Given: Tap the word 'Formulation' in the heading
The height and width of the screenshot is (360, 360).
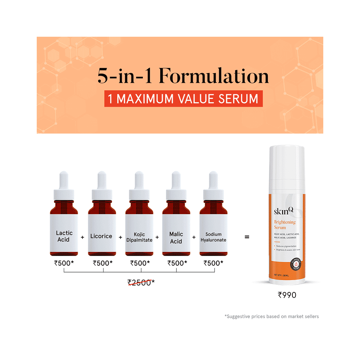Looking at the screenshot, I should [214, 76].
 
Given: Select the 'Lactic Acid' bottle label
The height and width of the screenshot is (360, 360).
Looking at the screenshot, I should [64, 236].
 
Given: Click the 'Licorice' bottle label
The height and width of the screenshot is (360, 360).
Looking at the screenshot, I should [101, 236].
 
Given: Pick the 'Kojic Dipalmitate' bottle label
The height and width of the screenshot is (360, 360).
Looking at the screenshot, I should [139, 237].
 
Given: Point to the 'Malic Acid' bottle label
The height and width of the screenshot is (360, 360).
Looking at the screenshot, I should [176, 238].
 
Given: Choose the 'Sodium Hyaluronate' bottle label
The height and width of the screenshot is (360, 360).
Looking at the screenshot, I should [213, 237].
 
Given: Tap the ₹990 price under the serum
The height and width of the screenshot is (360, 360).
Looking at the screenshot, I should [287, 295].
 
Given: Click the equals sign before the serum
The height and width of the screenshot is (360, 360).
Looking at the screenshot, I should [247, 237].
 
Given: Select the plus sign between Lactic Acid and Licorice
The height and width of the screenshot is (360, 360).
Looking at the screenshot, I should [82, 237].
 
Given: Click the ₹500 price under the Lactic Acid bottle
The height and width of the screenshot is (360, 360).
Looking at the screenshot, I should [64, 263].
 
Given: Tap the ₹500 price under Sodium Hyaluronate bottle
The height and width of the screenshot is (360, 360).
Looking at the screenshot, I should [213, 263].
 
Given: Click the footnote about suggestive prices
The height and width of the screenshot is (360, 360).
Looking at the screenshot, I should [271, 317].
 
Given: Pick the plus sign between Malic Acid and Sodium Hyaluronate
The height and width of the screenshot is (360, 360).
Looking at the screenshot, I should [194, 237].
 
